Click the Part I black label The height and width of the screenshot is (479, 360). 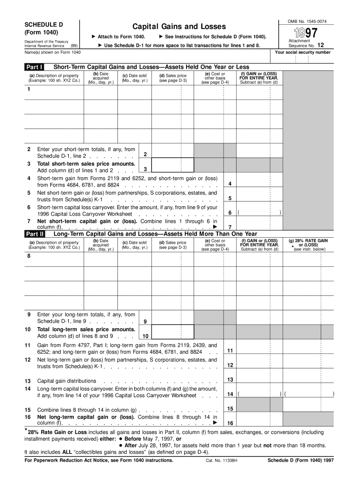[34, 67]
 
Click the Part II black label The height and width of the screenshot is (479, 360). [35, 234]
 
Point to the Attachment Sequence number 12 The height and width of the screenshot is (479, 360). [320, 46]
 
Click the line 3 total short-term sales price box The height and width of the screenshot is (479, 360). [173, 165]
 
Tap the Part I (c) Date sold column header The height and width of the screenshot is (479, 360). [135, 78]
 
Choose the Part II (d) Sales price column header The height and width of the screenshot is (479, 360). [173, 245]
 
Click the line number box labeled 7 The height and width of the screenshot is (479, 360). [230, 227]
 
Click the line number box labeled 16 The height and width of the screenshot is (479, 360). [230, 422]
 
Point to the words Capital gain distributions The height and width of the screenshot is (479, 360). [67, 381]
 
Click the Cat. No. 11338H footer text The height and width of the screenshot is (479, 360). [222, 460]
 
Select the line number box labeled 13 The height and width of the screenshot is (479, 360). [230, 380]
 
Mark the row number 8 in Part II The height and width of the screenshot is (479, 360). [29, 256]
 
